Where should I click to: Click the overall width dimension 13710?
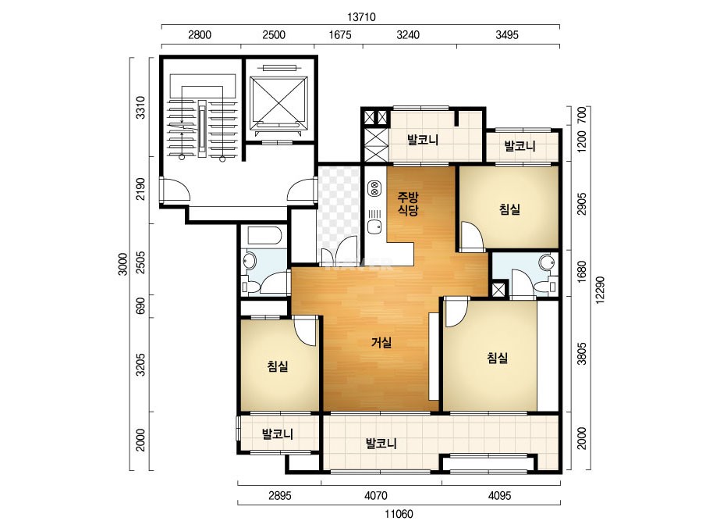tap(361, 17)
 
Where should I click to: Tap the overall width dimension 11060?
tap(399, 514)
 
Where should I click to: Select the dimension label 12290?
tap(600, 290)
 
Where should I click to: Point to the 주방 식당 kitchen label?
tap(408, 204)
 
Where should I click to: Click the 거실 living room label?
tap(381, 342)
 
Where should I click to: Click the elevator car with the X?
tap(278, 103)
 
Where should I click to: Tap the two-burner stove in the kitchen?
tap(374, 188)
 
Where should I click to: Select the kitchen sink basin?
tap(374, 227)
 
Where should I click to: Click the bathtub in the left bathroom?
tap(264, 235)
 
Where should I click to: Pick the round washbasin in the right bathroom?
tap(547, 262)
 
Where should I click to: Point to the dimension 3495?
tap(507, 35)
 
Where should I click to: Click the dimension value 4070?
tap(376, 496)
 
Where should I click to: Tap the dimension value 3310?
tap(140, 107)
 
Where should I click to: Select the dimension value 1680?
tap(582, 272)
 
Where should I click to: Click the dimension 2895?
tap(280, 496)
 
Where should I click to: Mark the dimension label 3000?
tap(122, 264)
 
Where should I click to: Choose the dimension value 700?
tap(582, 115)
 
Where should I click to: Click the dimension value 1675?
tap(340, 35)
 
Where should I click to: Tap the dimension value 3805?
tap(582, 353)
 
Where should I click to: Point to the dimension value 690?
tap(140, 306)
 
